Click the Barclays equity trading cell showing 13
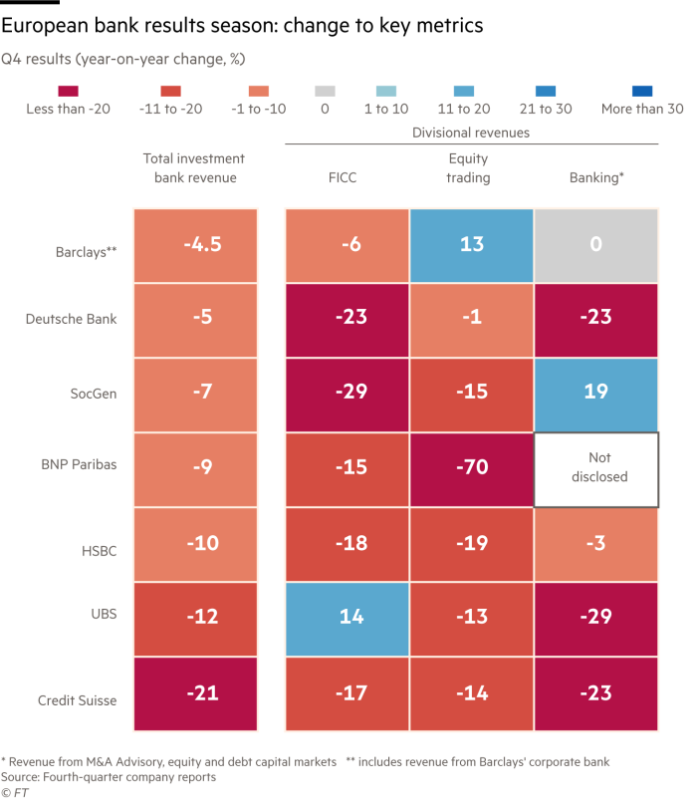(471, 245)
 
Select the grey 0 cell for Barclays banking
(595, 245)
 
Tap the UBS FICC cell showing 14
(347, 618)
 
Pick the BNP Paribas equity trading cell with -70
(471, 468)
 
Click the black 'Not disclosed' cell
(595, 468)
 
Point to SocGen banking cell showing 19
(595, 394)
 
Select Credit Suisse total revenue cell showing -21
(195, 693)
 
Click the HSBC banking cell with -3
(595, 544)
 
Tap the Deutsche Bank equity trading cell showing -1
(471, 319)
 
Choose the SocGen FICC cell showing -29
(347, 394)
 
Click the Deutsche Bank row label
(72, 319)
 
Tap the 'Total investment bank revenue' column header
(194, 167)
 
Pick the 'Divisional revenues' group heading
(471, 132)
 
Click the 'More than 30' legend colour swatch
(642, 89)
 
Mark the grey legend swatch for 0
(325, 89)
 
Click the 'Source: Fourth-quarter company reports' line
(109, 776)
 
